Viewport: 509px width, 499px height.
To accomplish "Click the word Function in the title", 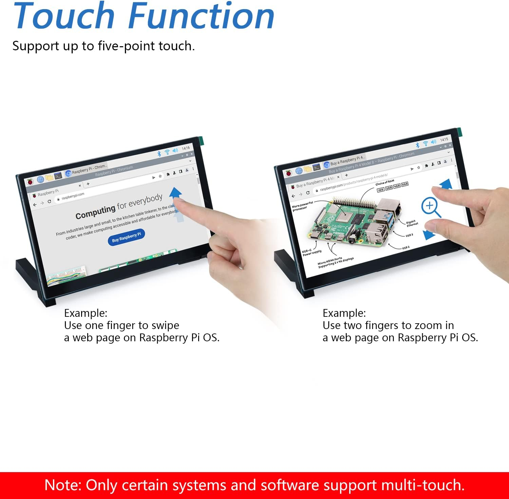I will click(202, 16).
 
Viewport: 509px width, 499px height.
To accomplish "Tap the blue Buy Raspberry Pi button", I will click(126, 237).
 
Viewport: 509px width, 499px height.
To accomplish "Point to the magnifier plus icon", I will click(430, 206).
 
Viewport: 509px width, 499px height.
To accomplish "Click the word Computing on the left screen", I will click(95, 212).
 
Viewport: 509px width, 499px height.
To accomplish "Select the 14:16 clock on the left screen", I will click(186, 148).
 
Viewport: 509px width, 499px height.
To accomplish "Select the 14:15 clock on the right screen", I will click(444, 140).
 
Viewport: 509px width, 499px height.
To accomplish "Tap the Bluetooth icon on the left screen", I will click(159, 154).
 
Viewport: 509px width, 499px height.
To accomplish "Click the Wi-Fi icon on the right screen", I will click(426, 143).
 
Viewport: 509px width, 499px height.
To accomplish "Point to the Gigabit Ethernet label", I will click(412, 223).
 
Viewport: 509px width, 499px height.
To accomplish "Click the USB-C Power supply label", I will click(312, 252).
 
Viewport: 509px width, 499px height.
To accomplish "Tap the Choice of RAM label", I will click(385, 183).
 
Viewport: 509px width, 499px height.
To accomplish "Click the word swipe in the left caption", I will click(165, 326).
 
